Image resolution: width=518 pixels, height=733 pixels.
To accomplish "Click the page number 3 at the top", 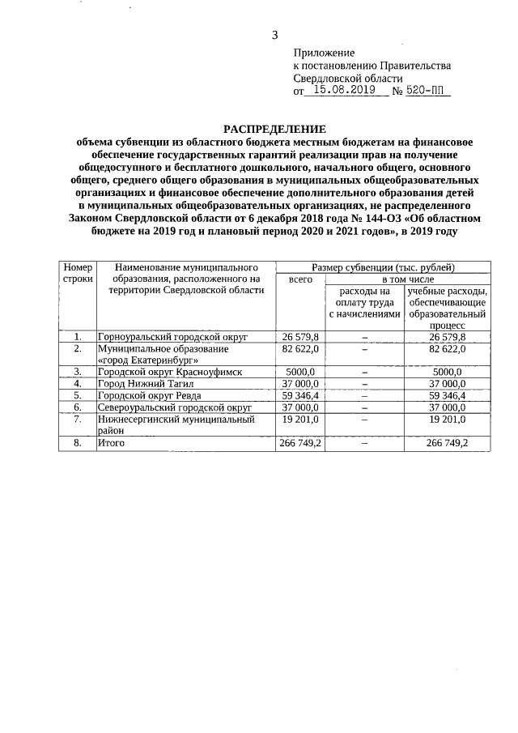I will pyautogui.click(x=274, y=34).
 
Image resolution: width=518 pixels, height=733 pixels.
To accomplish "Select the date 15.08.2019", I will pyautogui.click(x=340, y=92).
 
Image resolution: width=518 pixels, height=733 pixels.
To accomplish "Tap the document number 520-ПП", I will pyautogui.click(x=427, y=92).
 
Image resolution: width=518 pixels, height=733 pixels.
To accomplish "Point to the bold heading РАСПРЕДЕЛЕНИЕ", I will pyautogui.click(x=274, y=129).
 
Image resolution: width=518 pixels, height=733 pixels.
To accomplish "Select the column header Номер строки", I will pyautogui.click(x=78, y=272).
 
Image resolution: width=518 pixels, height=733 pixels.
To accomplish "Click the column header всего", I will pyautogui.click(x=300, y=279).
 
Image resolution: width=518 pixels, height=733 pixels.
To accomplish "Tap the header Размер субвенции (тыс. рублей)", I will pyautogui.click(x=383, y=266).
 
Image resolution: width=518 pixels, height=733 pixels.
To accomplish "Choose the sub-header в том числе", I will pyautogui.click(x=408, y=279).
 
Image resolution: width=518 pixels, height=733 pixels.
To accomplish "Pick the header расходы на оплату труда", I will pyautogui.click(x=364, y=301).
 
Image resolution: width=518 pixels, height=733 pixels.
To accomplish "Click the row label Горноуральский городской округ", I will pyautogui.click(x=172, y=336).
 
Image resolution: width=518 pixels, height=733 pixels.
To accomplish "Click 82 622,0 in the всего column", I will pyautogui.click(x=300, y=348).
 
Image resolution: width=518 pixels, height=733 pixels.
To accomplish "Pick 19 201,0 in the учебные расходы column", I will pyautogui.click(x=447, y=420).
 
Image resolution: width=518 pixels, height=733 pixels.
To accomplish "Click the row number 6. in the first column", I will pyautogui.click(x=78, y=408).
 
